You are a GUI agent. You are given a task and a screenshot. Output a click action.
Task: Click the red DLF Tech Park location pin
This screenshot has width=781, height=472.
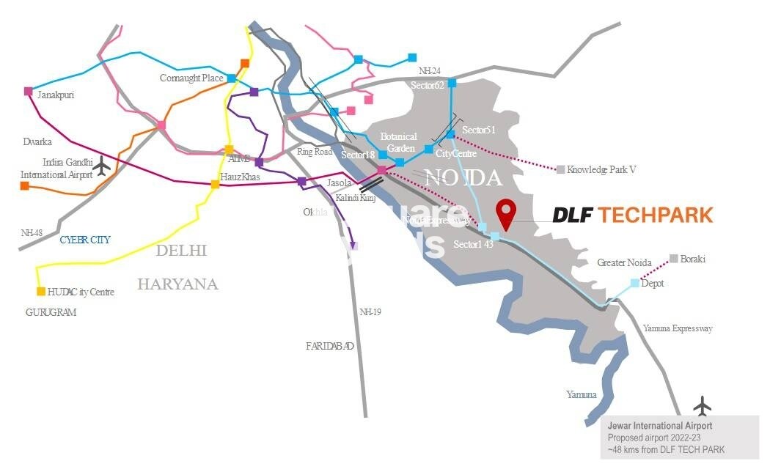tap(505, 213)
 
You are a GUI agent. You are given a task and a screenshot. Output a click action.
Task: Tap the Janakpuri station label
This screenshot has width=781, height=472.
tap(56, 95)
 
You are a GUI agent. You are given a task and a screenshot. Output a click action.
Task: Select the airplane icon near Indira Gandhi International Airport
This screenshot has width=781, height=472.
tap(102, 167)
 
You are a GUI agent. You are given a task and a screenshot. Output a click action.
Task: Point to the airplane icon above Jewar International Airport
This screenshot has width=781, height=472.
tap(703, 405)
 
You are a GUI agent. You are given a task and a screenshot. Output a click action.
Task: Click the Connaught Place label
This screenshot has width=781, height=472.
tap(191, 78)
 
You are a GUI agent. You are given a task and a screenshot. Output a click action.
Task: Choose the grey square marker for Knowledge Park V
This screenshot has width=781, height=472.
tap(560, 169)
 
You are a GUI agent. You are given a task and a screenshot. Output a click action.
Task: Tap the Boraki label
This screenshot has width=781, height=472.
tap(693, 259)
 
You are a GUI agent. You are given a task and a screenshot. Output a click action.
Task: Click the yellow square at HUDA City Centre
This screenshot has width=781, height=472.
tap(41, 291)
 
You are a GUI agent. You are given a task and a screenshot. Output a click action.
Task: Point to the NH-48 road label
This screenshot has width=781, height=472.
tap(32, 232)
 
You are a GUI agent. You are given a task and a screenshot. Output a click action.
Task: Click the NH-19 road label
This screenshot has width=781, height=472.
tap(370, 311)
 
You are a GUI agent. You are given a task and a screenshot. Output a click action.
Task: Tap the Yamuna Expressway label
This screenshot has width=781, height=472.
tap(678, 328)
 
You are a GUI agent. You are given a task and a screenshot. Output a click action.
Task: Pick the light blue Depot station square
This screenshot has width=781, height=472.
tap(634, 282)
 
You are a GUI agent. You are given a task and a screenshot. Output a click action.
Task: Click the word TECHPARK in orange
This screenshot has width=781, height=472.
tap(654, 215)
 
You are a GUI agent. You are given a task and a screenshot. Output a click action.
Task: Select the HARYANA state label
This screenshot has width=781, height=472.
tap(178, 284)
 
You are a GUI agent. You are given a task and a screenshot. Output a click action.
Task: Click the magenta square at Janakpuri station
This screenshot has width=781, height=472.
tap(29, 92)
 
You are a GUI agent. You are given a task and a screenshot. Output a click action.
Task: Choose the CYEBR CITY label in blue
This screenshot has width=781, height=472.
tap(84, 240)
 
